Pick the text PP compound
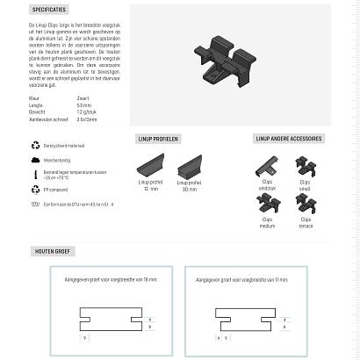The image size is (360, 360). click(56, 189)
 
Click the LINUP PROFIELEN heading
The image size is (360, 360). click(159, 139)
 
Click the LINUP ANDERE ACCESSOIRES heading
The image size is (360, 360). click(288, 139)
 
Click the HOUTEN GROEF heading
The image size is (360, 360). click(54, 251)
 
